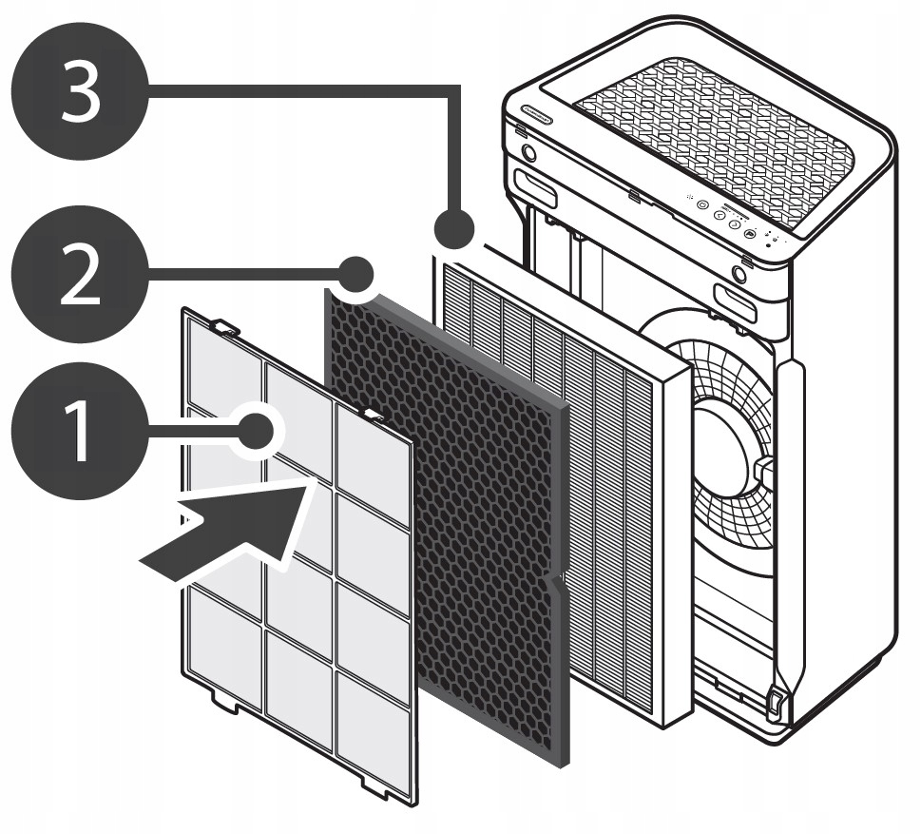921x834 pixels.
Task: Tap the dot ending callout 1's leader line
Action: (256, 432)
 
